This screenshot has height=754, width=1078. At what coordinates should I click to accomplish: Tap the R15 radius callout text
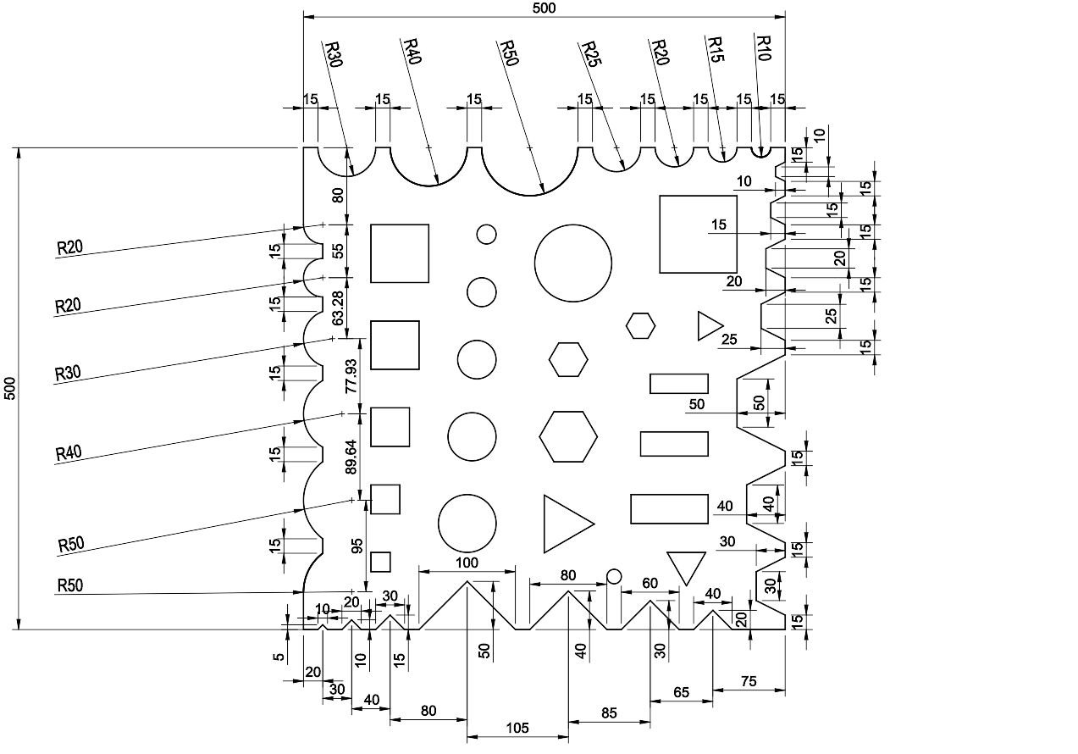(715, 47)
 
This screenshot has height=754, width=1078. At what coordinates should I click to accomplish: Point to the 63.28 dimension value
(339, 308)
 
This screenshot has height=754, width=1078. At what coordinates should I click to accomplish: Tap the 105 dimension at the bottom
(517, 728)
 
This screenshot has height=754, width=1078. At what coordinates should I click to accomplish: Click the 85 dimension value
(609, 713)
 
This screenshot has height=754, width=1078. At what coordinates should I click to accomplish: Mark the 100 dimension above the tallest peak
(467, 563)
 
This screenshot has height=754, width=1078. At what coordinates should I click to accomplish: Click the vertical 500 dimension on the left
(9, 388)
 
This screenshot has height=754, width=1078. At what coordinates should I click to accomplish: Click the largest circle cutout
(572, 263)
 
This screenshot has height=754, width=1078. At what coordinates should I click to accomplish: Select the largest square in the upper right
(698, 234)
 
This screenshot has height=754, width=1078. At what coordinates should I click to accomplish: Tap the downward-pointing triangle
(686, 565)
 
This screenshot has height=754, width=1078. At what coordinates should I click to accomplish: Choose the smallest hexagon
(641, 324)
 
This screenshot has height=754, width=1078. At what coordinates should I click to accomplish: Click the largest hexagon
(568, 436)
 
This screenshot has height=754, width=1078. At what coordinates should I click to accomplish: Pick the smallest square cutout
(380, 562)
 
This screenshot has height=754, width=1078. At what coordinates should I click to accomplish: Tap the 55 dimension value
(338, 251)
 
